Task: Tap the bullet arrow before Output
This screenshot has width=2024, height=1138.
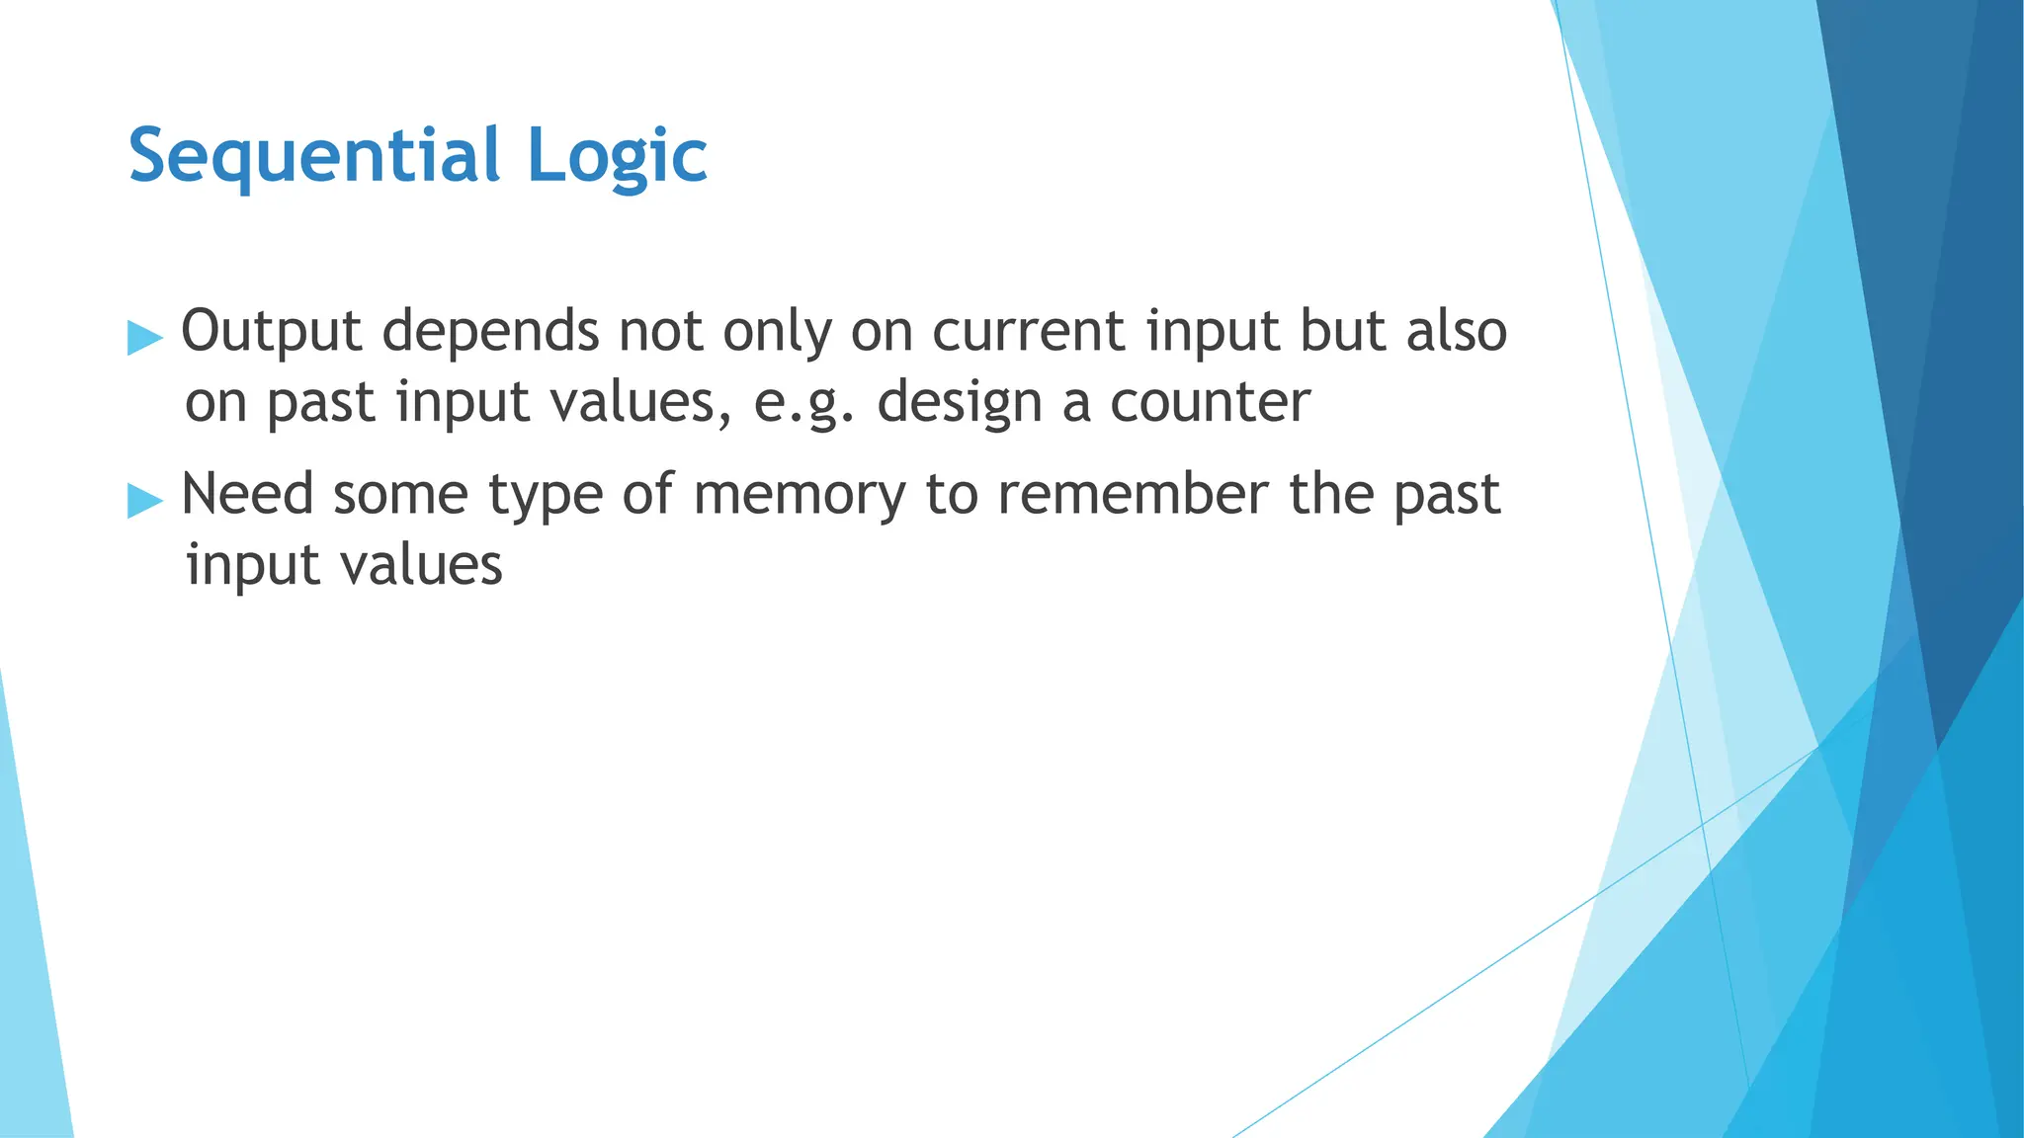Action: pos(144,338)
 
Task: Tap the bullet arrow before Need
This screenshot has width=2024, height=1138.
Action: pos(144,501)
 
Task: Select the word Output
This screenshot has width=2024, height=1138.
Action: pos(271,332)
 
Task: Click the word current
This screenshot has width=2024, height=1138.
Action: pos(1029,332)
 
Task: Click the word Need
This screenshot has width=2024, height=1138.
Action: pos(247,494)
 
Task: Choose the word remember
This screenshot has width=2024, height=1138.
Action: pos(1132,494)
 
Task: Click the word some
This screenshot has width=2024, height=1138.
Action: pos(400,496)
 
